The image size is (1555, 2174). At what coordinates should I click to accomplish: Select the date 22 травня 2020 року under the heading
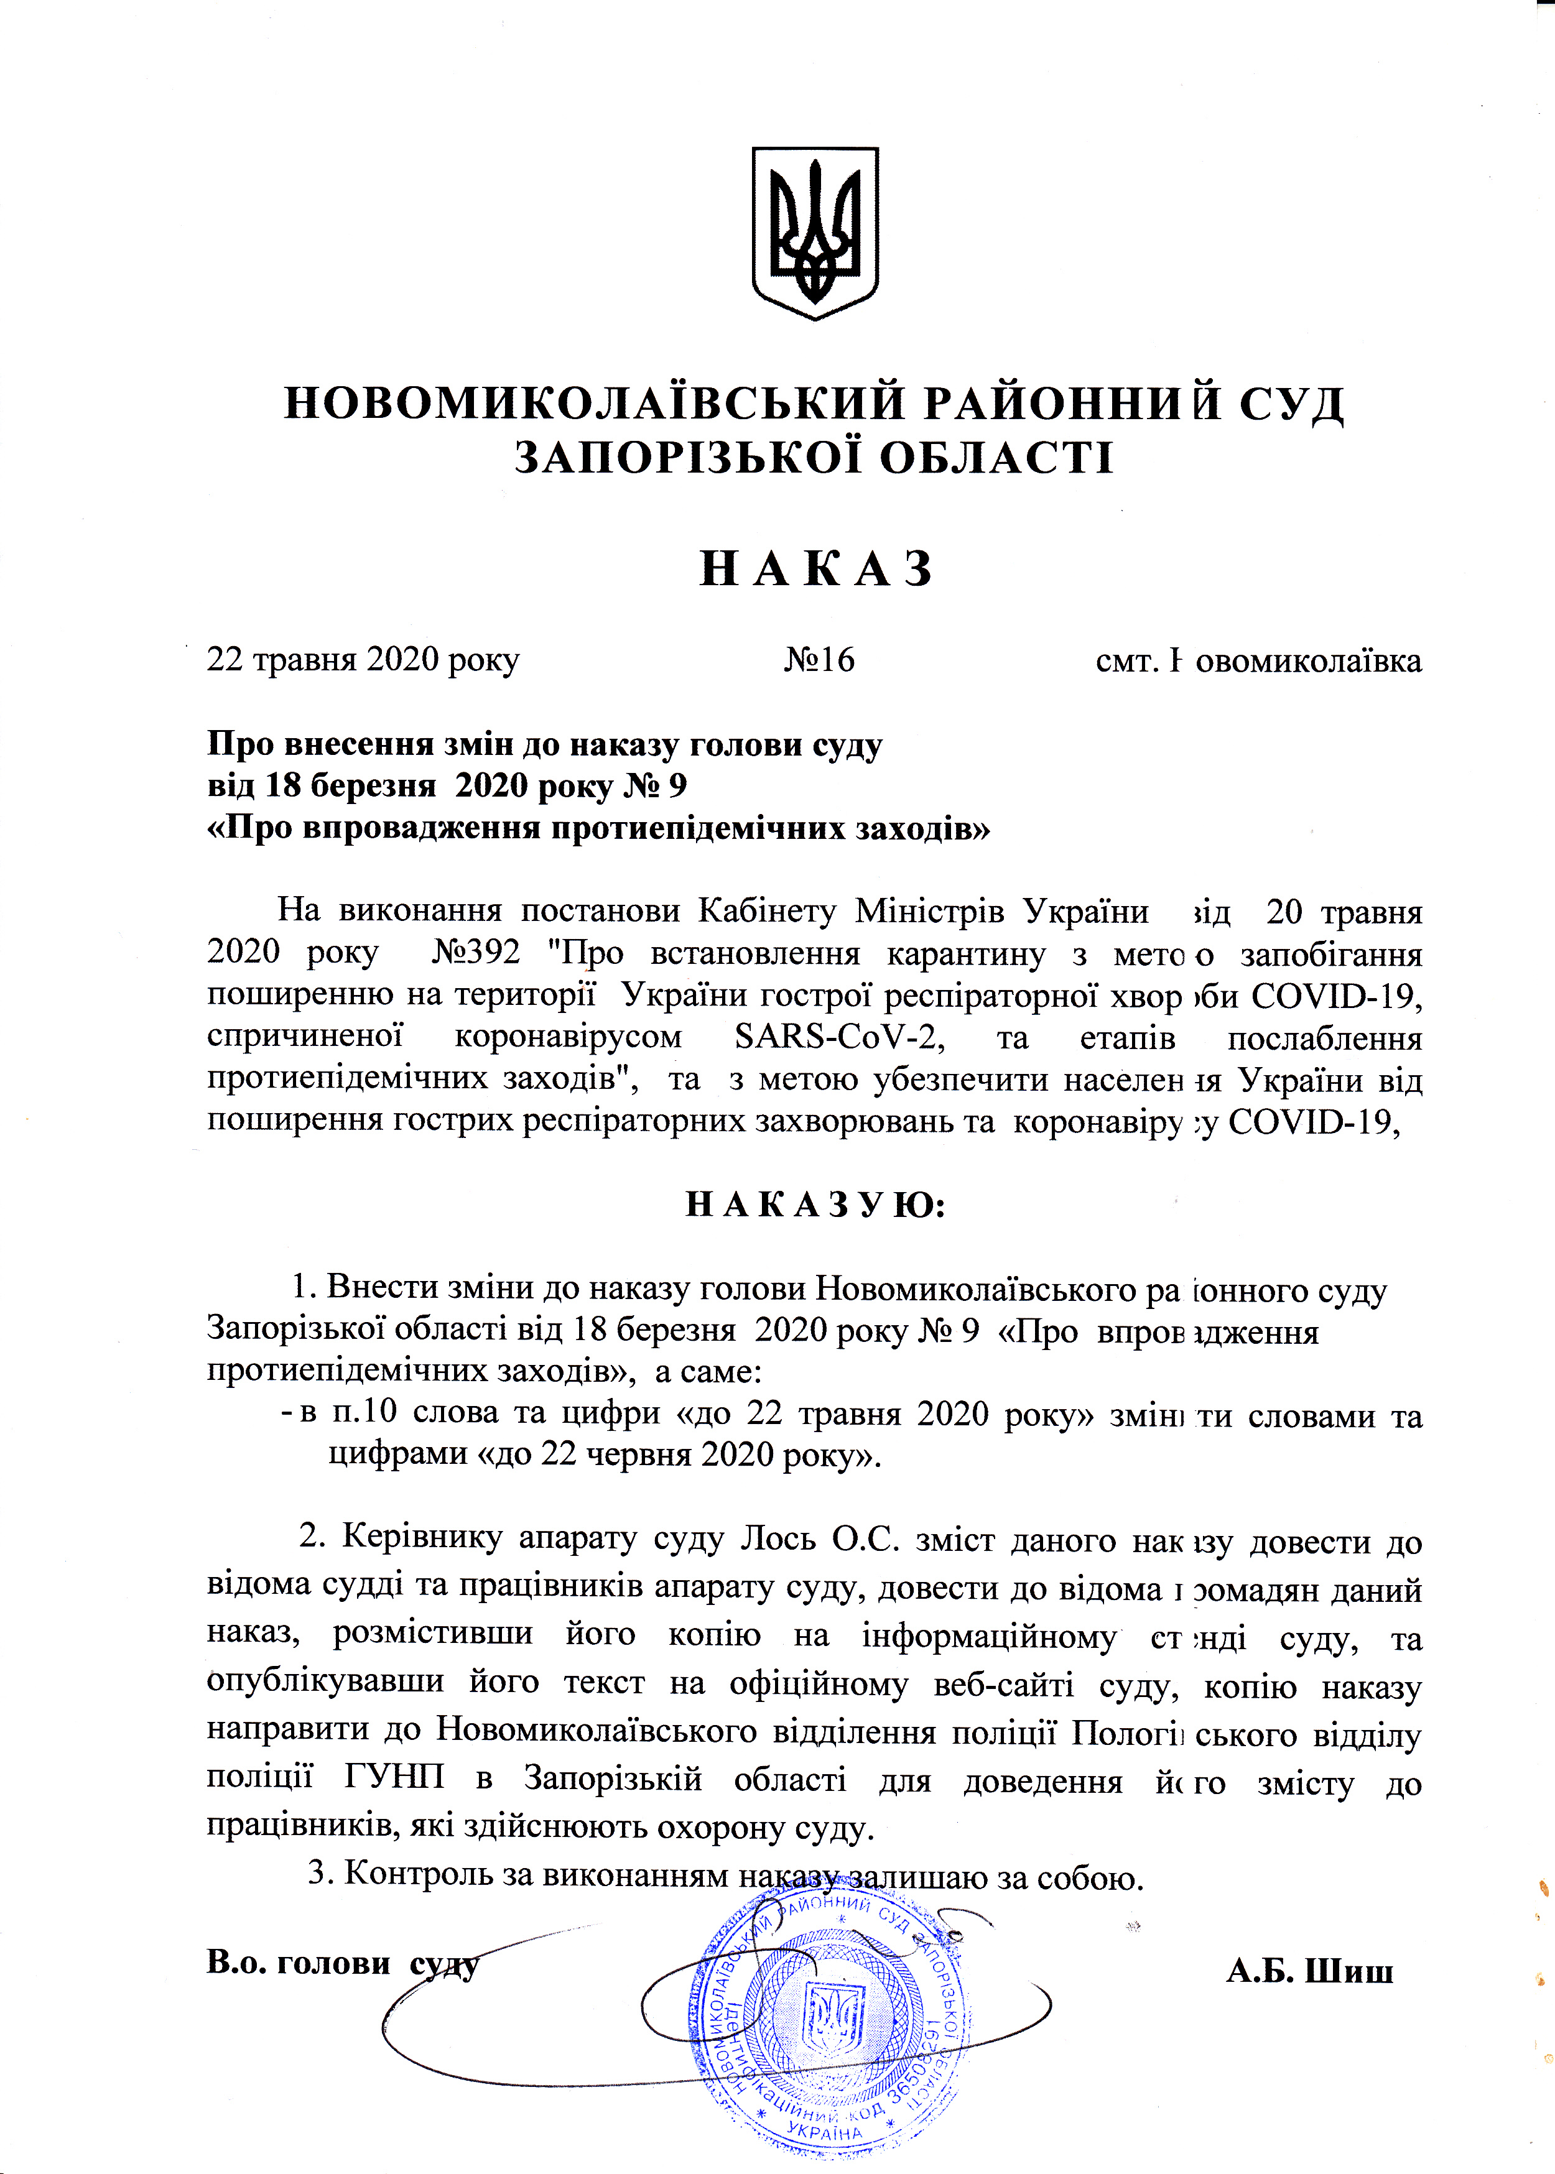364,660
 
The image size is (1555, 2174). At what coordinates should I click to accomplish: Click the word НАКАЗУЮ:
816,1205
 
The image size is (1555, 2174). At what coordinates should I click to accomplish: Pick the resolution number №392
477,953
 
